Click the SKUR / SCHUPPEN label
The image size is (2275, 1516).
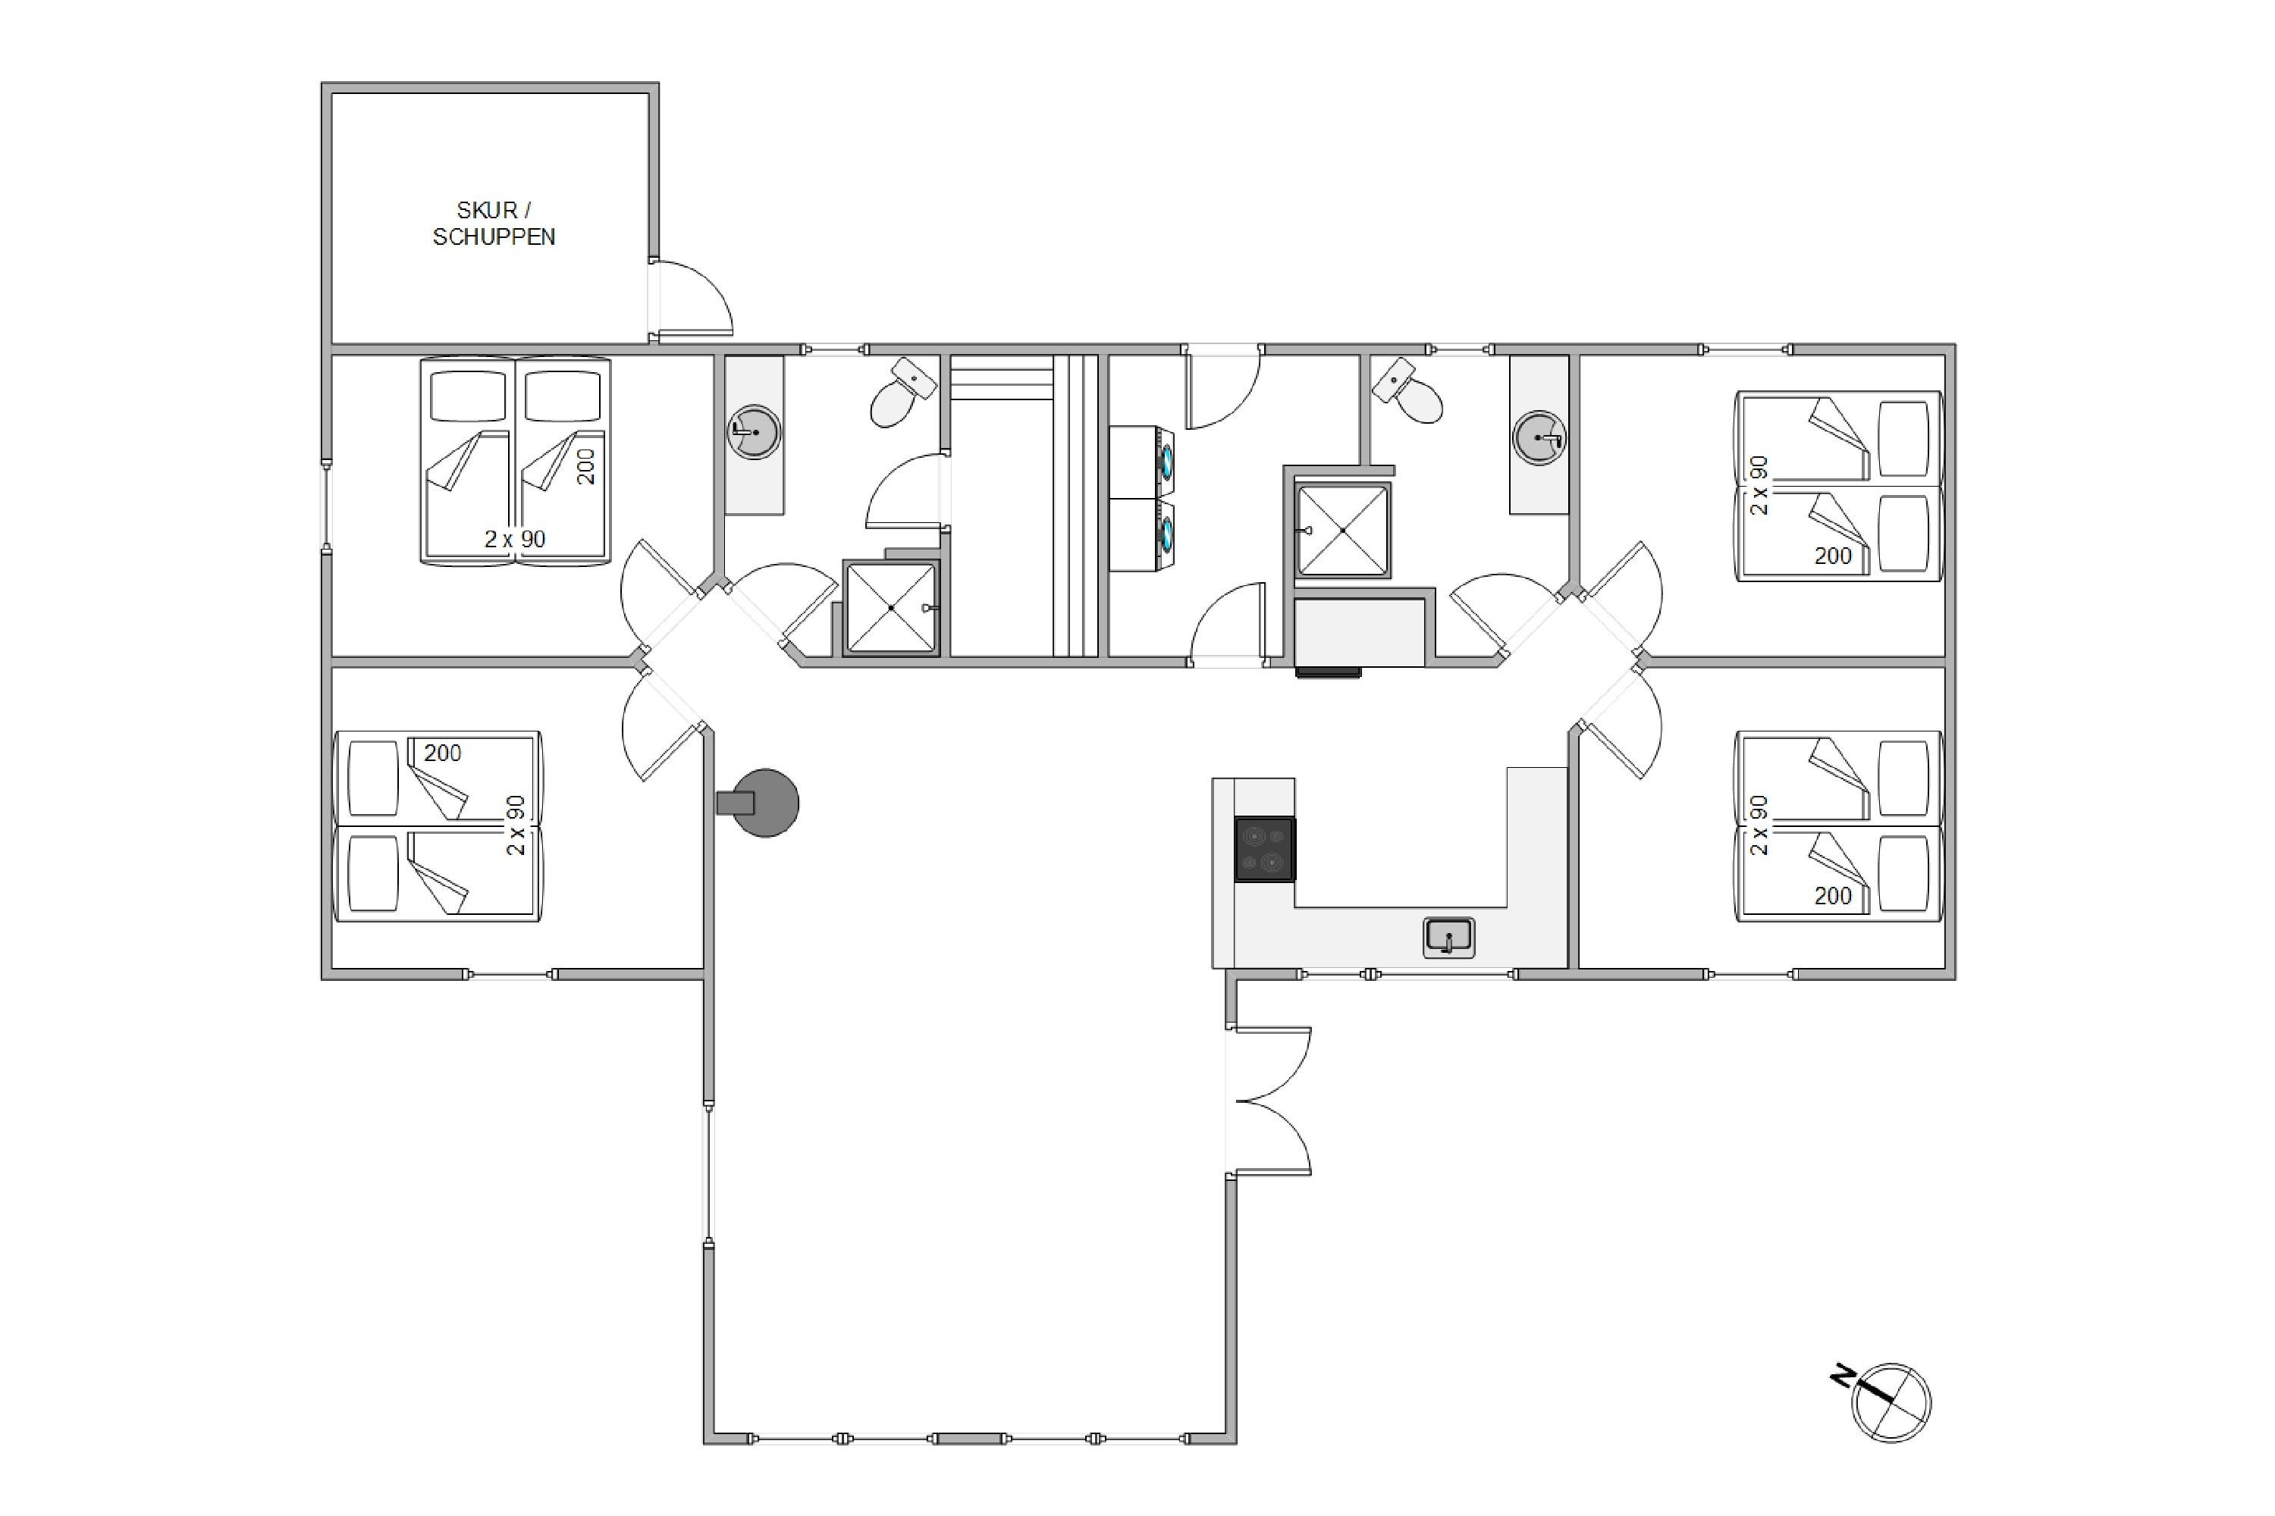pyautogui.click(x=494, y=224)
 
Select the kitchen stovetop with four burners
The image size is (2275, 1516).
pyautogui.click(x=1264, y=849)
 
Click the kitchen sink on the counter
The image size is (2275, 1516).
pyautogui.click(x=1449, y=938)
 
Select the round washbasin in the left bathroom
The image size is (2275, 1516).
pyautogui.click(x=754, y=431)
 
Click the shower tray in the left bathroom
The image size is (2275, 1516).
pyautogui.click(x=892, y=607)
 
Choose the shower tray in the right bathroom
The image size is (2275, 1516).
pyautogui.click(x=1342, y=530)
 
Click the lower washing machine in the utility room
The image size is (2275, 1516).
pyautogui.click(x=1141, y=534)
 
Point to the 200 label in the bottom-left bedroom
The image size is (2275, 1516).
pyautogui.click(x=442, y=753)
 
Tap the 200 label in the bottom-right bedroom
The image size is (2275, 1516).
pyautogui.click(x=1832, y=896)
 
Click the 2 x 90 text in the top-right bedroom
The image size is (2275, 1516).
pyautogui.click(x=1759, y=485)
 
